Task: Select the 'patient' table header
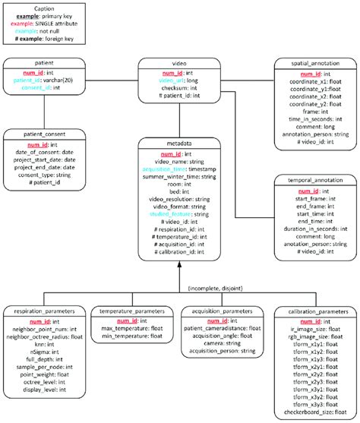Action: click(x=43, y=65)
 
